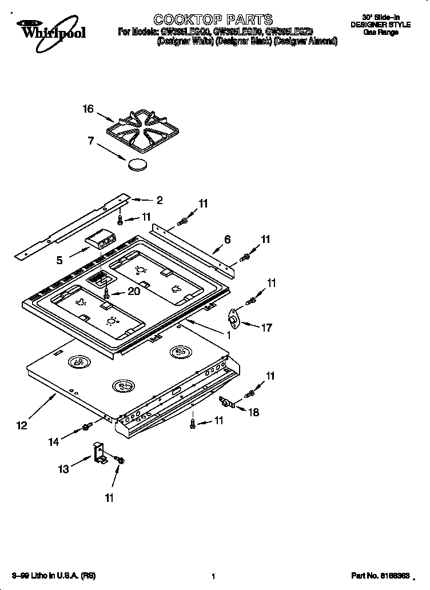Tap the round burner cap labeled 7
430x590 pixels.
pyautogui.click(x=138, y=165)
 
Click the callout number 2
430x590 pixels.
pyautogui.click(x=160, y=200)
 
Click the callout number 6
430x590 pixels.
pyautogui.click(x=227, y=240)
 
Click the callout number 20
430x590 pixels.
pyautogui.click(x=133, y=291)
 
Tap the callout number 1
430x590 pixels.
pyautogui.click(x=228, y=336)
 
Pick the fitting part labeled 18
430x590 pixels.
pyautogui.click(x=228, y=404)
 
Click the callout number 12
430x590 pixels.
pyautogui.click(x=22, y=425)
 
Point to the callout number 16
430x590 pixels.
pyautogui.click(x=87, y=109)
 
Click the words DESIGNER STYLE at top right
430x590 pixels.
pyautogui.click(x=380, y=25)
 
